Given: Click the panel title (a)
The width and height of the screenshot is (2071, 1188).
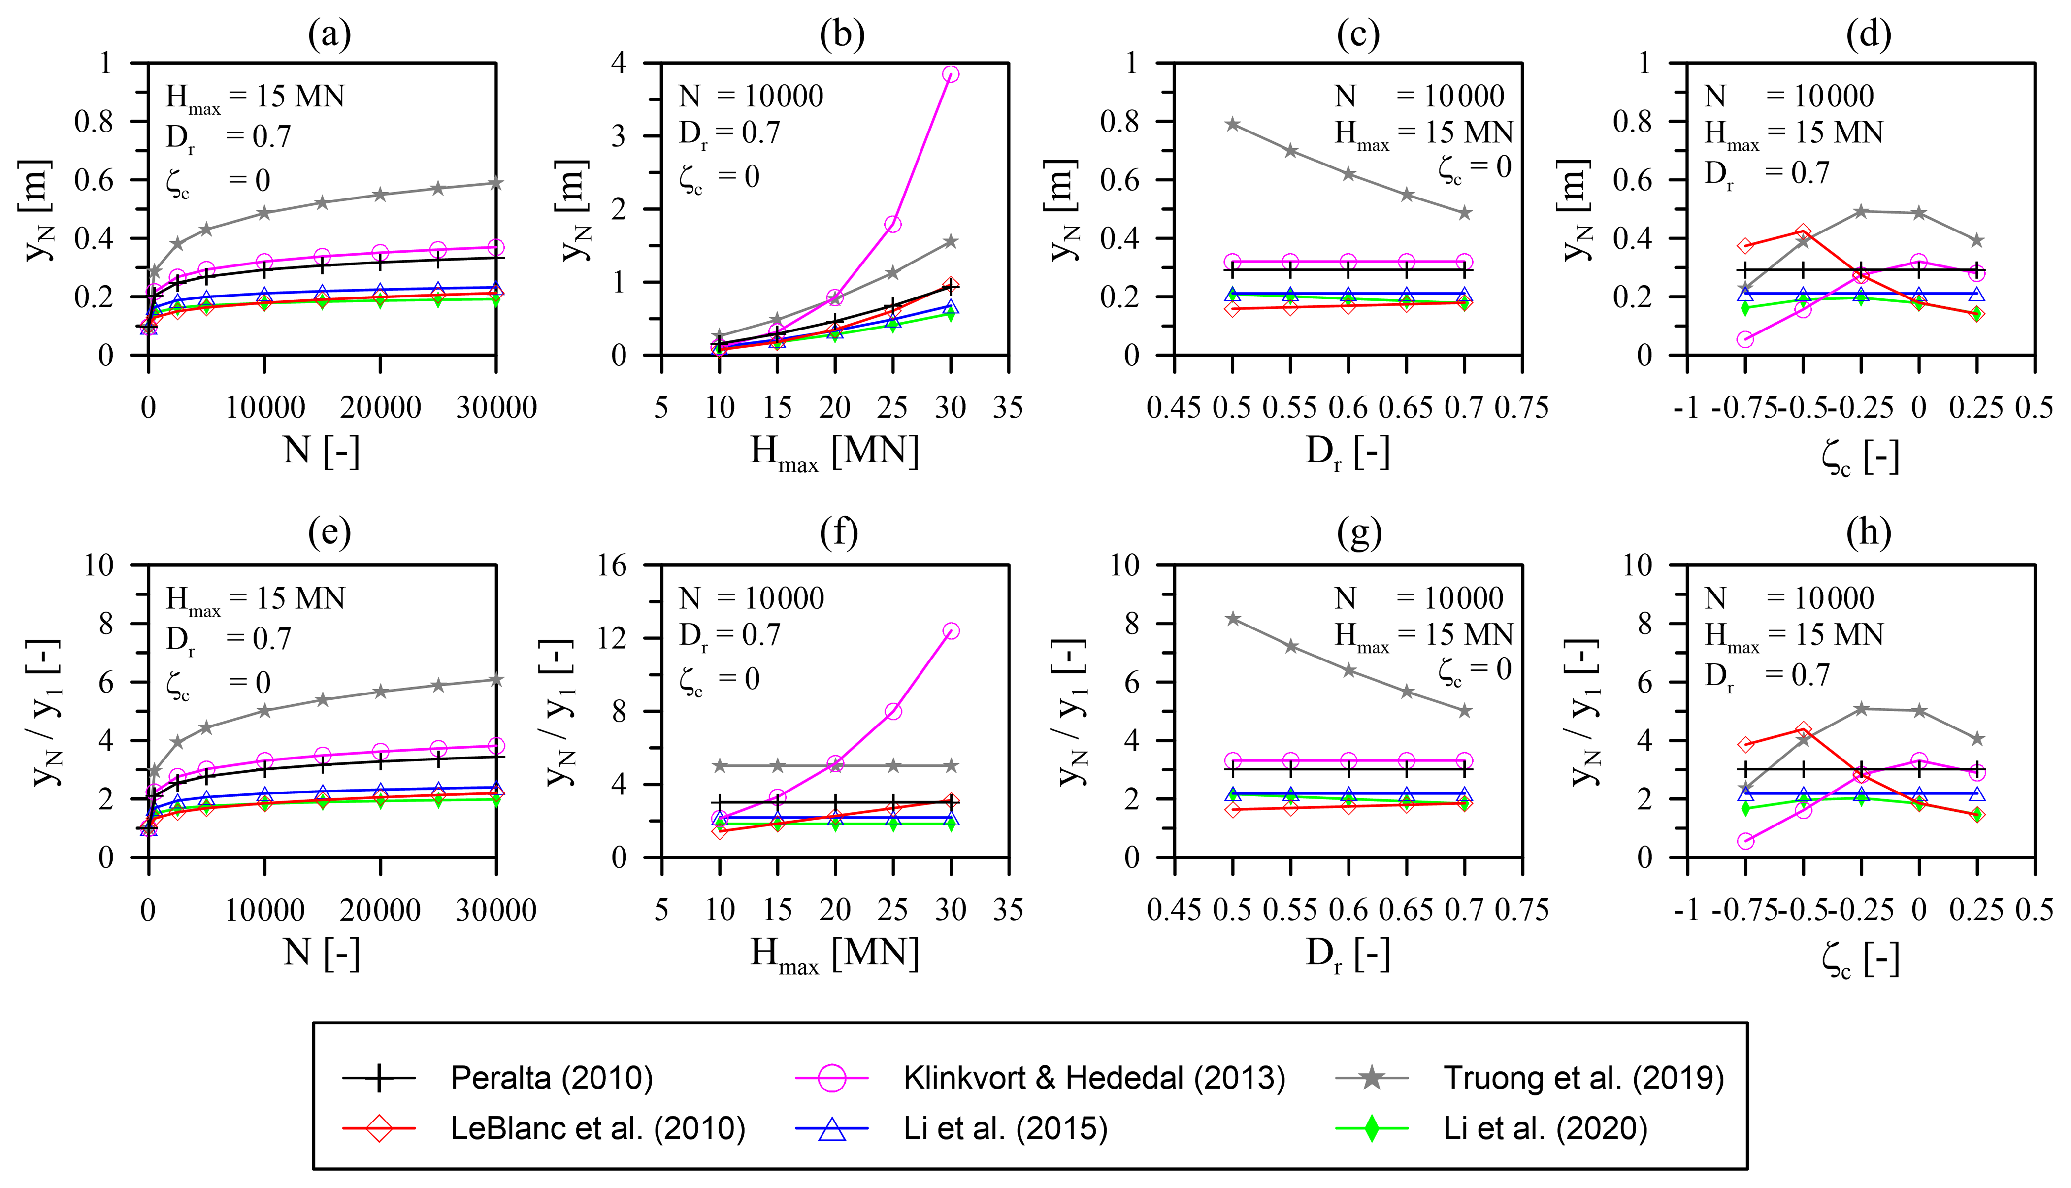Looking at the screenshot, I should [x=329, y=34].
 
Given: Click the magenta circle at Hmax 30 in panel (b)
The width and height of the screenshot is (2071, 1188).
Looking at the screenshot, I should [x=950, y=74].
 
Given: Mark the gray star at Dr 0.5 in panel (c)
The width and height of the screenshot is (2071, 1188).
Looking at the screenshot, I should [x=1232, y=124].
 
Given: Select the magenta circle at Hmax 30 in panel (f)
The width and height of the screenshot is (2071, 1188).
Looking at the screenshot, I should [x=950, y=631].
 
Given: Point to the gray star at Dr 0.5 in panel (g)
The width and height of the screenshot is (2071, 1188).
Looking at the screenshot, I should [x=1232, y=619].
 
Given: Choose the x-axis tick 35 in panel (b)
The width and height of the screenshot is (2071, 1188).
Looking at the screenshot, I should [x=1008, y=407].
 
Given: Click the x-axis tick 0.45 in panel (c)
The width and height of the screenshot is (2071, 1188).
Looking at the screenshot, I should [x=1174, y=407].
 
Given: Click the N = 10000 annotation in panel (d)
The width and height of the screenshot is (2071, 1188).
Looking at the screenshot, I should [x=1789, y=96].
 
